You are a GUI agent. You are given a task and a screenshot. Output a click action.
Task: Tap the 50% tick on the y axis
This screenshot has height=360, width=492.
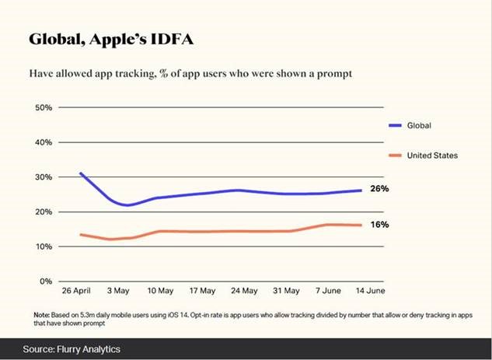pos(44,107)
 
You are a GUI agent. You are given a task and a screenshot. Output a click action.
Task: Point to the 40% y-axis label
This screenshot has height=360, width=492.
pos(44,142)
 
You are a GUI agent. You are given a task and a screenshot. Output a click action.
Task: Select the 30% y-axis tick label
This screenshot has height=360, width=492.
pos(44,177)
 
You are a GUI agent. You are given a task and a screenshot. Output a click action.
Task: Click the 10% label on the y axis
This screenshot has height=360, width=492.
pos(44,246)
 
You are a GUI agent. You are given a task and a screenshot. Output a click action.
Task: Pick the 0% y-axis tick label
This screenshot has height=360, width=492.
pos(47,281)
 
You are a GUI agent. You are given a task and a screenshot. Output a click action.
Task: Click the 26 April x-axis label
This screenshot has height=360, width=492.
pos(76,292)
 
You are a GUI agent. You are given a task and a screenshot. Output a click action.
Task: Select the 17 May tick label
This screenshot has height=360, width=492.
pos(202,292)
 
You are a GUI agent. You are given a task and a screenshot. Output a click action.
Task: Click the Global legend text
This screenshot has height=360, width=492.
pos(420,124)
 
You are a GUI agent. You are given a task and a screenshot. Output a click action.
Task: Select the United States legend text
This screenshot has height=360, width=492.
pos(433,156)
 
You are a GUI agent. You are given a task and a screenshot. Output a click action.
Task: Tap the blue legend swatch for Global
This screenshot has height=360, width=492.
pos(395,124)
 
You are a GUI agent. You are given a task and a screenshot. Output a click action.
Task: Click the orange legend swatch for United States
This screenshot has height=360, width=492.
pos(395,156)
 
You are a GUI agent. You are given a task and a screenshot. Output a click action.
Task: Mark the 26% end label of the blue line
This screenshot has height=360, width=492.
pos(379,189)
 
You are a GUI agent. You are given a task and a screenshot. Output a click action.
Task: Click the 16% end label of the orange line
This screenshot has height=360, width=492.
pos(379,225)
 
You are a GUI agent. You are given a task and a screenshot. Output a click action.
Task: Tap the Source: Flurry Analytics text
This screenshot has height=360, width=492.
pos(72,349)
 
